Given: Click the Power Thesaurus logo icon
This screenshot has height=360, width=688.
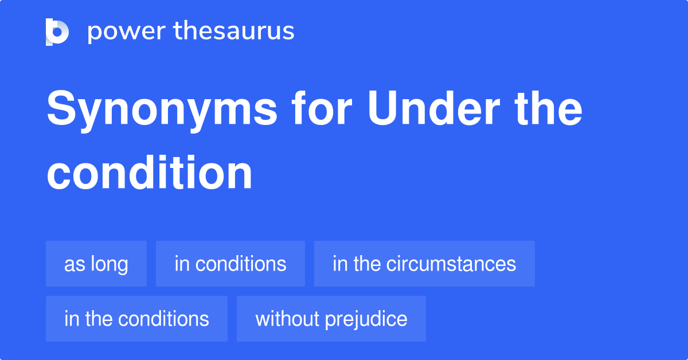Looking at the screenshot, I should pos(57,32).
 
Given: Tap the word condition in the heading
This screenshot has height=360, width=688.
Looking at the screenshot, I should pos(150,173).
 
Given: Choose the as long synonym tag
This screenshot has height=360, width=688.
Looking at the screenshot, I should pos(96,264).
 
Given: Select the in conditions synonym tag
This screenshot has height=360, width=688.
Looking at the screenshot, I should pos(230,264).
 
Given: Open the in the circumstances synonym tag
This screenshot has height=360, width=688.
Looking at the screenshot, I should pos(424,264).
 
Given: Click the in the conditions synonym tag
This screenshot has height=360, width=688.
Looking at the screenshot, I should pos(136,319).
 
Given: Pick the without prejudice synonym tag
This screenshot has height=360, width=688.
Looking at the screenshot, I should pos(331,319).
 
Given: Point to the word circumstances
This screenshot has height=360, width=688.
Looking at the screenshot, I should pos(451,264).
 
